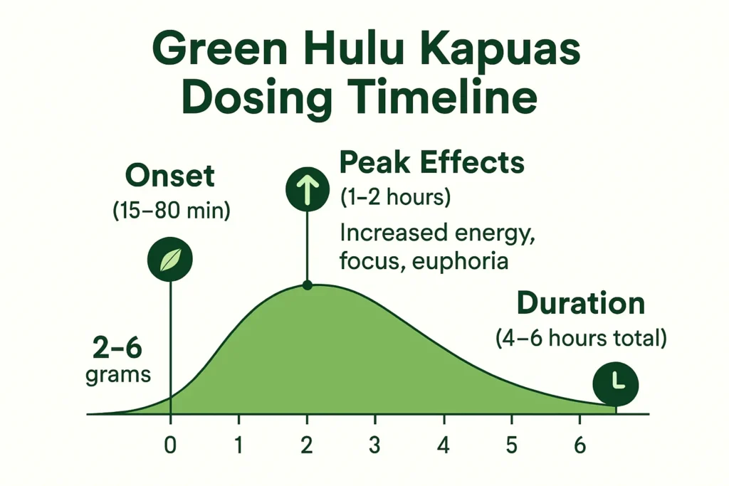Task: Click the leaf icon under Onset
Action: coord(170,260)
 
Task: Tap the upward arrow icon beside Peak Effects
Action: coord(307,189)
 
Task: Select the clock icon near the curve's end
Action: coord(616,385)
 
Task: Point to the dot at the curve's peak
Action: coord(307,285)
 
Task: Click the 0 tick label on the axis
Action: coord(170,446)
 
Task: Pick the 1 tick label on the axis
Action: coord(238,446)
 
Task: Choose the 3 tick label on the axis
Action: coord(375,446)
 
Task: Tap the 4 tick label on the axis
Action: coord(444,446)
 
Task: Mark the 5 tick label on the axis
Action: coord(511,446)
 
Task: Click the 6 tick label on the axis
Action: coord(579,446)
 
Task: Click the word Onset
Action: coord(170,176)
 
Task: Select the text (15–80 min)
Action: coord(171,211)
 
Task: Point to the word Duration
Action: coord(580,304)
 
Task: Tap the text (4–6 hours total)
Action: coord(581,339)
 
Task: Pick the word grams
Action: coord(118,375)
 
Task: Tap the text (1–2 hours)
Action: coord(395,196)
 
